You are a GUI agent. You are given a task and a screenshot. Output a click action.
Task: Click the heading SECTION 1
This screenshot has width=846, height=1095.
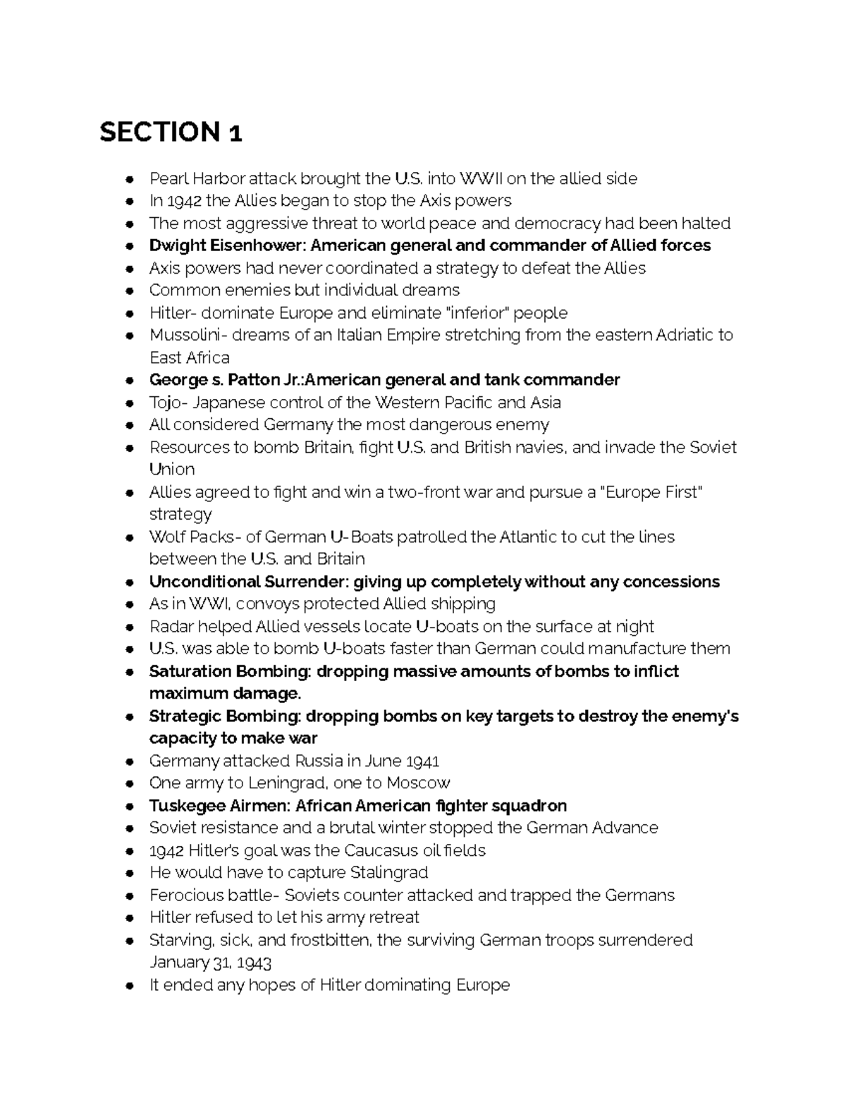point(171,132)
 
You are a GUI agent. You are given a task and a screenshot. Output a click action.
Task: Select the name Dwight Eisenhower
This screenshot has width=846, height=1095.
point(227,245)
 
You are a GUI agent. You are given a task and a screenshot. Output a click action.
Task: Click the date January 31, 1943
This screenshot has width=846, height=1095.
point(210,962)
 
